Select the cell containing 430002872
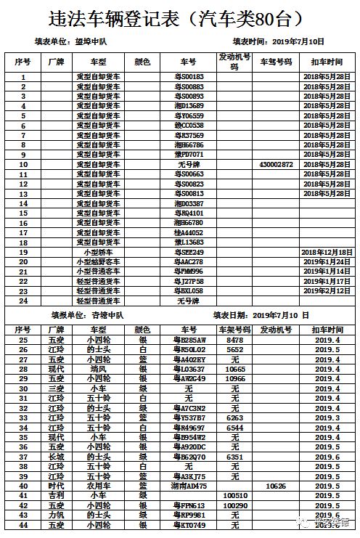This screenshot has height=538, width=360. (276, 164)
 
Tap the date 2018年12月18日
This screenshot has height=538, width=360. (326, 252)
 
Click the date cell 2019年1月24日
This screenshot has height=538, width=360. (326, 261)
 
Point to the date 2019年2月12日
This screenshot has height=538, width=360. (326, 290)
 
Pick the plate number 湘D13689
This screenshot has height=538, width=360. (189, 105)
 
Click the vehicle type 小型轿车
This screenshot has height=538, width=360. (98, 252)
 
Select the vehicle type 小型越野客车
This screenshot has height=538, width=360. (98, 261)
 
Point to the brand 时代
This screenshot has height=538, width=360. (56, 485)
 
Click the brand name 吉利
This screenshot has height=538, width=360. (56, 495)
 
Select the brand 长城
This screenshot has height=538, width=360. (56, 456)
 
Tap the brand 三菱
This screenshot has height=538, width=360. (56, 388)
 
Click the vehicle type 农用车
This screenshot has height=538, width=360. (97, 485)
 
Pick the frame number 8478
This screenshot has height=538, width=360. (234, 339)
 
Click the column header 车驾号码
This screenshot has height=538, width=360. (276, 62)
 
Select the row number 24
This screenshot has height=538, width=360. (23, 301)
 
